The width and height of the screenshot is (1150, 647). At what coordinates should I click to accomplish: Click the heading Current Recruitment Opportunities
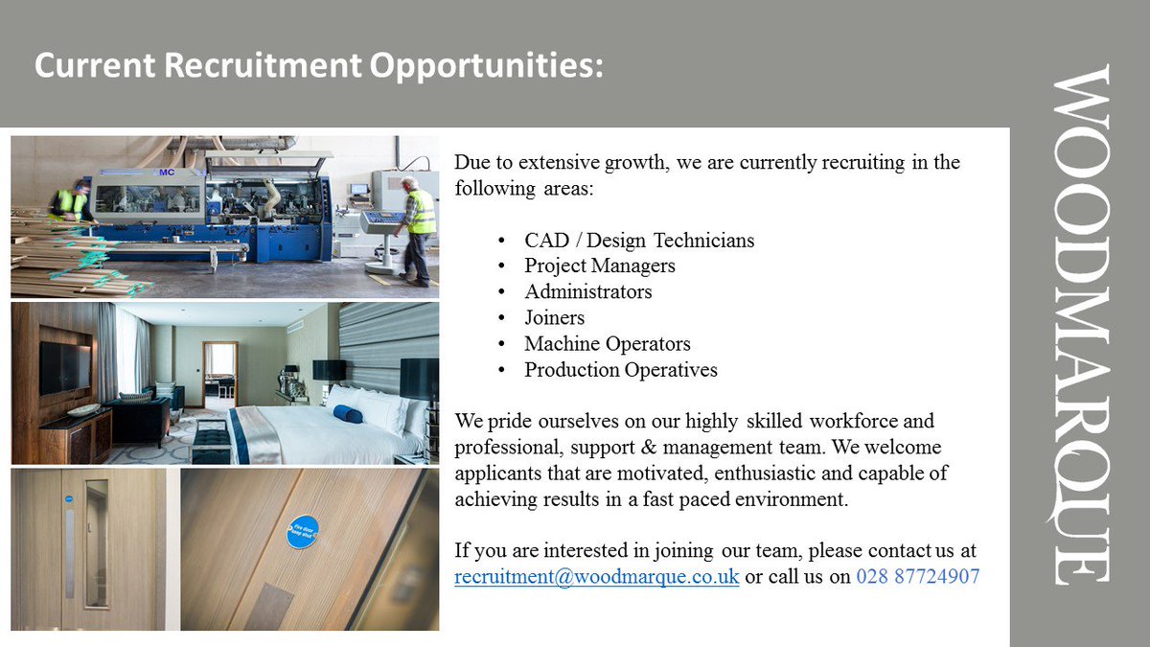click(319, 66)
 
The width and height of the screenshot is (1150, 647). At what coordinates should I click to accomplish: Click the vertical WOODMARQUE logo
click(1081, 324)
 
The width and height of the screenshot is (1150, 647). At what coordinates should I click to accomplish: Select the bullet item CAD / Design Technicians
click(639, 240)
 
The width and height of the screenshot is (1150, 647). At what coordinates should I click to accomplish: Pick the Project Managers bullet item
click(599, 266)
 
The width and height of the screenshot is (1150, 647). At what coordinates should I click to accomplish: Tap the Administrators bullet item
click(587, 291)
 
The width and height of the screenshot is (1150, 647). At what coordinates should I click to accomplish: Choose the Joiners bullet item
click(554, 317)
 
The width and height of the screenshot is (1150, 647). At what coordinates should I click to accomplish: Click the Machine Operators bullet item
click(607, 343)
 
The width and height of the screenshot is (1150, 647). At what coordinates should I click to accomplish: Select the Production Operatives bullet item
click(620, 369)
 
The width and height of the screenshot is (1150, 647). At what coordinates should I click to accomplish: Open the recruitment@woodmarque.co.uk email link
click(596, 578)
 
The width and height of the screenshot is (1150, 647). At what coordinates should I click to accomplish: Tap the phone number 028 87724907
click(917, 578)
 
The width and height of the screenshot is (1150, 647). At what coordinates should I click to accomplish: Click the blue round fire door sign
click(303, 531)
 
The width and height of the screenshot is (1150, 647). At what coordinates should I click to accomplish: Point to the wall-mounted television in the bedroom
click(65, 367)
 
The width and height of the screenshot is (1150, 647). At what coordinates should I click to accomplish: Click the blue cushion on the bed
click(348, 413)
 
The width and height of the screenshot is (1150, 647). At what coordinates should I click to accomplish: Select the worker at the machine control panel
click(417, 230)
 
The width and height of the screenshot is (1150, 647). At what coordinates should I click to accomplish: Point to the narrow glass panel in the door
click(96, 543)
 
